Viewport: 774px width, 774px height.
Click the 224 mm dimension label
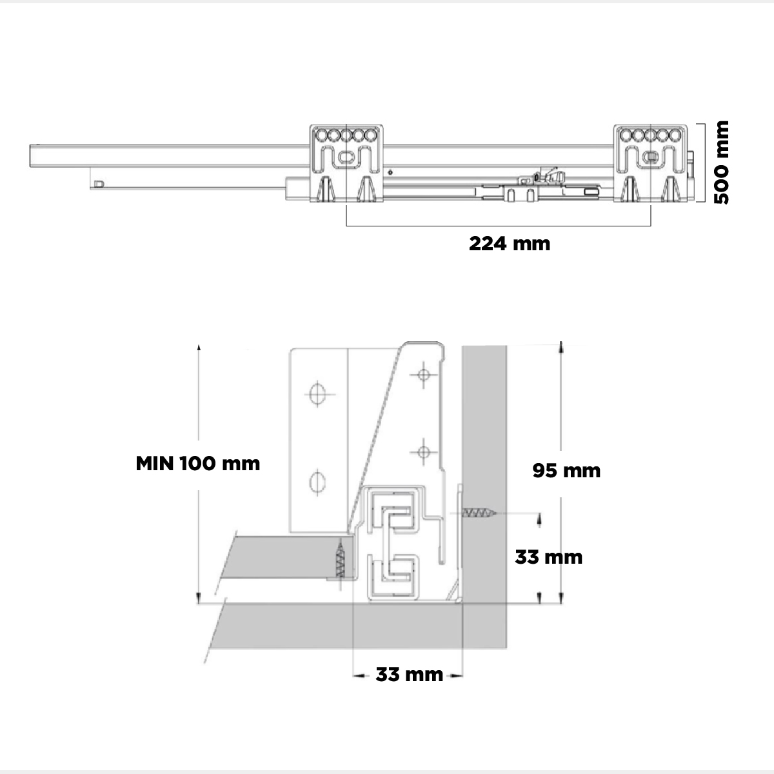coord(510,244)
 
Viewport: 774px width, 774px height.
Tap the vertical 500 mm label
coord(721,163)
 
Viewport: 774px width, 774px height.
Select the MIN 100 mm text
coord(197,464)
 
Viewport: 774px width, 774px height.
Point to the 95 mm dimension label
coord(566,470)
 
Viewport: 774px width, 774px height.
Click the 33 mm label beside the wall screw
coord(549,557)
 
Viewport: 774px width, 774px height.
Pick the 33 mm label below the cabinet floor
coord(410,675)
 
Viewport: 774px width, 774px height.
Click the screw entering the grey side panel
coord(479,513)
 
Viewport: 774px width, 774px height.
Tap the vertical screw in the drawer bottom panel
coord(341,559)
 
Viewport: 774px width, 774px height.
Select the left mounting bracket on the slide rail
coord(346,163)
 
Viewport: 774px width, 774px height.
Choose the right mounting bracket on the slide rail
coord(650,163)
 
